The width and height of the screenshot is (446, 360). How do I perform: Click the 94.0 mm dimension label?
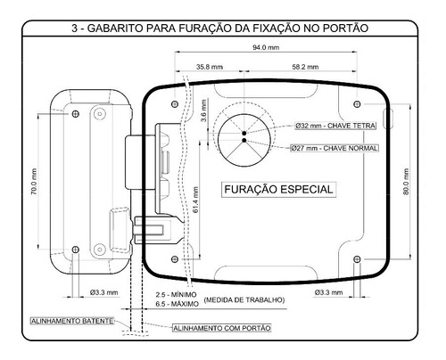click(x=266, y=47)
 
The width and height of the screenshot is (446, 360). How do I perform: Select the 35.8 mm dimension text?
click(x=210, y=67)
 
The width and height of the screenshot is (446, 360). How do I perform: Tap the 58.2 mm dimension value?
click(x=305, y=67)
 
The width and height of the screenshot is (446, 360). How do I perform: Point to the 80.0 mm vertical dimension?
click(x=406, y=182)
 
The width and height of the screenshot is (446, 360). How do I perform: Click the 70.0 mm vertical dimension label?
click(x=34, y=182)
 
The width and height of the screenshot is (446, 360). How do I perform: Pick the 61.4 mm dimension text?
click(x=195, y=200)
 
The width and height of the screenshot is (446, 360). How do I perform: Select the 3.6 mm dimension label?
click(x=203, y=110)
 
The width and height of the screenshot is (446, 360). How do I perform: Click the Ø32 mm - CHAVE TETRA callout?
click(x=335, y=126)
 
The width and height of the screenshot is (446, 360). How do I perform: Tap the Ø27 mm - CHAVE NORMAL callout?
click(x=334, y=148)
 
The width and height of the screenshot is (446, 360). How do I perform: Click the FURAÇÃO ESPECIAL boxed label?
click(x=278, y=190)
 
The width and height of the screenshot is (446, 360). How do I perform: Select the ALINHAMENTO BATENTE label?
click(x=72, y=321)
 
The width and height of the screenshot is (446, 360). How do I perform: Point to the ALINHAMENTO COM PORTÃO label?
click(x=222, y=328)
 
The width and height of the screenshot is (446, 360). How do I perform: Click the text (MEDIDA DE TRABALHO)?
click(x=244, y=300)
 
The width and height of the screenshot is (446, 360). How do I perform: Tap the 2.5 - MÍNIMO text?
click(x=176, y=295)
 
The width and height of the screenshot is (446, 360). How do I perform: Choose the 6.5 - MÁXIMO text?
click(x=177, y=304)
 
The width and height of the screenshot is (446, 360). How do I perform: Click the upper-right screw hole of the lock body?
click(x=358, y=104)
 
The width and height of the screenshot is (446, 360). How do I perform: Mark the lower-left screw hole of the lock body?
click(x=175, y=259)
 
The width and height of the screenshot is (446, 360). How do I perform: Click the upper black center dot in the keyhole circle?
click(x=244, y=133)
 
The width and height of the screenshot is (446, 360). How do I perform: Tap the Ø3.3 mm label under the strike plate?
click(x=103, y=292)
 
